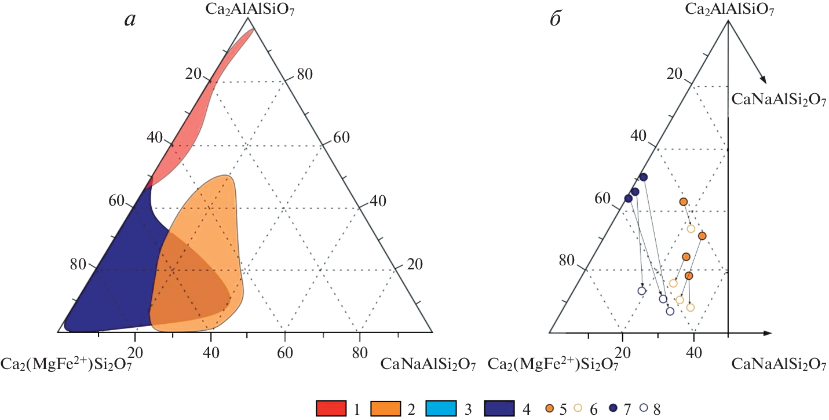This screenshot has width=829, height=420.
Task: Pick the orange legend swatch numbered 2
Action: [x=385, y=408]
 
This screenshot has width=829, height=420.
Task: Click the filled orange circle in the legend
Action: [x=549, y=408]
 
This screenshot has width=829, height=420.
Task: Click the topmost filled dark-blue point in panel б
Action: [x=643, y=177]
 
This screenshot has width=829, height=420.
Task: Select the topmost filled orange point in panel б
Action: [x=683, y=202]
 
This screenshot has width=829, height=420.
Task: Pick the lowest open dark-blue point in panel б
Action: [x=670, y=311]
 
